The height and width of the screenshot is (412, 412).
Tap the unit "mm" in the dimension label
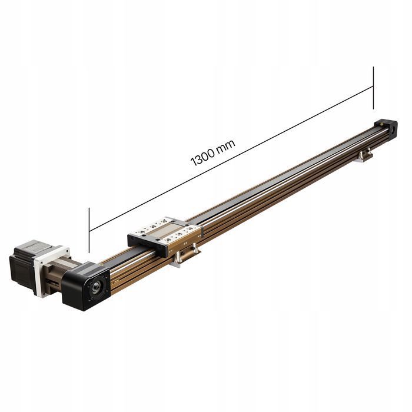226,147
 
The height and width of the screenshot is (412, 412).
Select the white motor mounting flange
52,271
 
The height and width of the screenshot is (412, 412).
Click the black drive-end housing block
86,287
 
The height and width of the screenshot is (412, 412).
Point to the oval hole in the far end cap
393,129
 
